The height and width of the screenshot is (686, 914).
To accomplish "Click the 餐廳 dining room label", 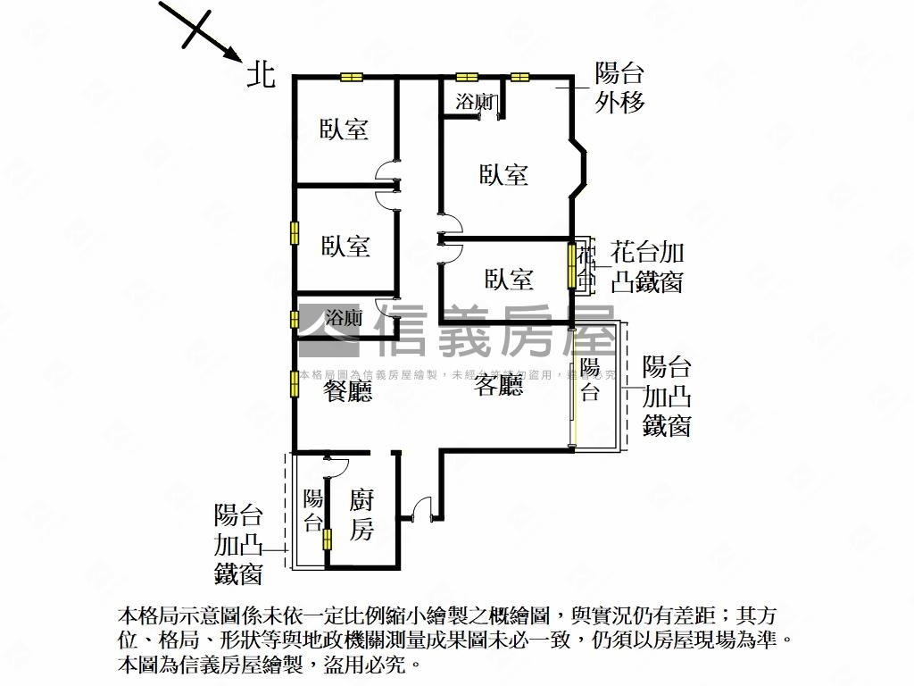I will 347,390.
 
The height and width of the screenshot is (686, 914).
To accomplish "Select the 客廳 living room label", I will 498,386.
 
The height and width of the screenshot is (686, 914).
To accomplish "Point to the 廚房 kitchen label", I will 361,516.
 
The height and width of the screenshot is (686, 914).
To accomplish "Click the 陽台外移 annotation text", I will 619,88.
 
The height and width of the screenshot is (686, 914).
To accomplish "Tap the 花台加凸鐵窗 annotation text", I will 647,267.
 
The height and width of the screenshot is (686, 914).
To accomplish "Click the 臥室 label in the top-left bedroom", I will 345,130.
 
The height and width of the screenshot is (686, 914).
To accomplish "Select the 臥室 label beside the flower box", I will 509,280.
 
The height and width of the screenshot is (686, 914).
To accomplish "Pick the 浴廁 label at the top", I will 474,102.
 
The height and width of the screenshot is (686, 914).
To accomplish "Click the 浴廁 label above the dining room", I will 344,317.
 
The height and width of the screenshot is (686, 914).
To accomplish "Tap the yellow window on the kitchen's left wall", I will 327,539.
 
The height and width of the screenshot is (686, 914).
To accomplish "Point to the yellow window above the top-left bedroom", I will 352,77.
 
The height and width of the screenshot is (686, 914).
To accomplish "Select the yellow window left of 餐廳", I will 294,382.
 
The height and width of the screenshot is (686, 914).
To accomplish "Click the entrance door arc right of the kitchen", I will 424,506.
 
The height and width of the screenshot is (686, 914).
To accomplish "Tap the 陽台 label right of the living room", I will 590,380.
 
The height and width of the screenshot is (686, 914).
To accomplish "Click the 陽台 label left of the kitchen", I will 312,511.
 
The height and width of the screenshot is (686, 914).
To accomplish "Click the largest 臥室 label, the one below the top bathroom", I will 503,174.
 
